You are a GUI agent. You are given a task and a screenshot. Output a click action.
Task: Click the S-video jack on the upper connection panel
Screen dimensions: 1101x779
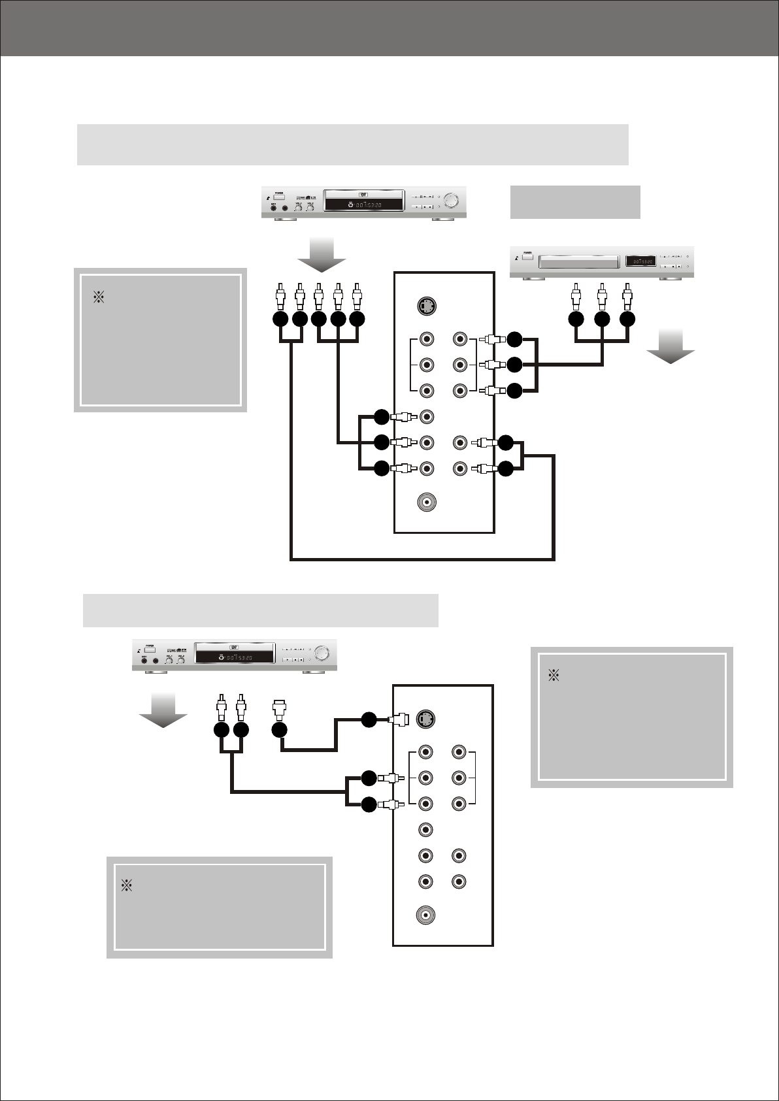coord(426,306)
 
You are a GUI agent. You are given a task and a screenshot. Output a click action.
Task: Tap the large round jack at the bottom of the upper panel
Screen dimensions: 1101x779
coord(426,502)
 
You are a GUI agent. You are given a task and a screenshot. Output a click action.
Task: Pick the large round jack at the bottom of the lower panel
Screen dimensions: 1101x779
coord(425,915)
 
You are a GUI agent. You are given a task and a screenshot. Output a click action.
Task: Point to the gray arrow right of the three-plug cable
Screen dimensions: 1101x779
coord(671,346)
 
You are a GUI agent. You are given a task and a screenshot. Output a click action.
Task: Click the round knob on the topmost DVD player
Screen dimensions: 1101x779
coord(450,200)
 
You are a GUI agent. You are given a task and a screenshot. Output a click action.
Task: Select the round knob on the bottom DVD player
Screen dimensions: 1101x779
coord(322,653)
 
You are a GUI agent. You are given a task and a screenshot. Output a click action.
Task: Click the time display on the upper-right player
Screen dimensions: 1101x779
coord(639,261)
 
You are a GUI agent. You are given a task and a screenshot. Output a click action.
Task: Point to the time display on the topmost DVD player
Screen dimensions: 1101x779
coord(365,205)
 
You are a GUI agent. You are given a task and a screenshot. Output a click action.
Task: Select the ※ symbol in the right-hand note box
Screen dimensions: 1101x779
coord(554,676)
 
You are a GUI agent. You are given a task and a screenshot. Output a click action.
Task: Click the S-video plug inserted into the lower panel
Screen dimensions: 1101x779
coord(398,719)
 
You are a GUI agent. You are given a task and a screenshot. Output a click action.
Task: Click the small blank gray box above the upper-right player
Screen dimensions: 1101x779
coord(574,202)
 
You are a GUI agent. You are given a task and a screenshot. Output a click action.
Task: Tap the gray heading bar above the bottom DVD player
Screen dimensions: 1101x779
coord(260,610)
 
